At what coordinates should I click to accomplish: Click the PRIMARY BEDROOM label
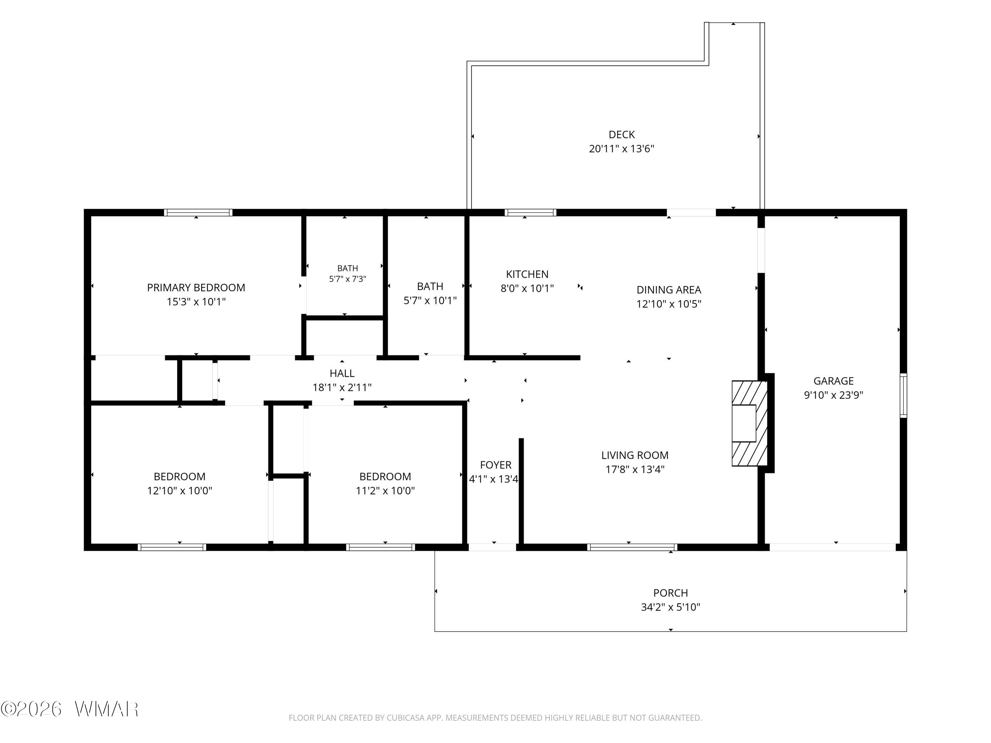[x=196, y=288]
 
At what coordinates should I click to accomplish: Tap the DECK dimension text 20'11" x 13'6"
[x=621, y=149]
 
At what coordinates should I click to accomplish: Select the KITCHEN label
[x=527, y=274]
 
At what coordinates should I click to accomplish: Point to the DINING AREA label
[x=669, y=290]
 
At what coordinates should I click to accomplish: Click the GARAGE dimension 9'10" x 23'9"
[x=833, y=395]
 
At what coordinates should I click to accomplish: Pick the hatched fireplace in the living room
[x=750, y=423]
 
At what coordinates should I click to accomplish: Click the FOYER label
[x=495, y=465]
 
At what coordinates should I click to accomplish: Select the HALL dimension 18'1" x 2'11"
[x=342, y=387]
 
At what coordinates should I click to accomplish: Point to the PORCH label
[x=670, y=593]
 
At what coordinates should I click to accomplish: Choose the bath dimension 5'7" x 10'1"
[x=430, y=301]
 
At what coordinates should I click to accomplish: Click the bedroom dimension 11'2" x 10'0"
[x=385, y=490]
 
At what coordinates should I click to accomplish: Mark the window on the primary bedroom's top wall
[x=198, y=213]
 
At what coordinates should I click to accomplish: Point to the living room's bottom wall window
[x=632, y=547]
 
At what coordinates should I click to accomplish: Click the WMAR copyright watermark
[x=69, y=709]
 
